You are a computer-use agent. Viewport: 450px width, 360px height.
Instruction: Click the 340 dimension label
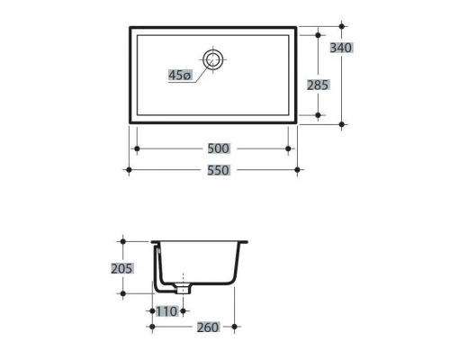[341, 48]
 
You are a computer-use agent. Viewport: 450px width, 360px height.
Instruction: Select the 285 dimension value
[318, 85]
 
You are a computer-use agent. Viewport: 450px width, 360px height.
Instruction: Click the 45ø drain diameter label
[179, 76]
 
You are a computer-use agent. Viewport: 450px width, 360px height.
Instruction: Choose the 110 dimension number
[166, 310]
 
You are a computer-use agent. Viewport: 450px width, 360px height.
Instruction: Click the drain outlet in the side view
[183, 289]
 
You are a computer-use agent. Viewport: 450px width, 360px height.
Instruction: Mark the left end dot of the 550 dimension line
[130, 169]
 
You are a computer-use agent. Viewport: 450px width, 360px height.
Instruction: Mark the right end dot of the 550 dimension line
[299, 169]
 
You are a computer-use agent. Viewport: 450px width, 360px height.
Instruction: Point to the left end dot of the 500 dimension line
[135, 148]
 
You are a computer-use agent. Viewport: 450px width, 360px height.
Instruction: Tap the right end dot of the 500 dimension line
[289, 148]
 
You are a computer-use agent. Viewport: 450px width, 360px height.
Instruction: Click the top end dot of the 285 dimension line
[319, 34]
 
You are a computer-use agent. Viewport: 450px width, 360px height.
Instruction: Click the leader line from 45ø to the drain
[200, 71]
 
